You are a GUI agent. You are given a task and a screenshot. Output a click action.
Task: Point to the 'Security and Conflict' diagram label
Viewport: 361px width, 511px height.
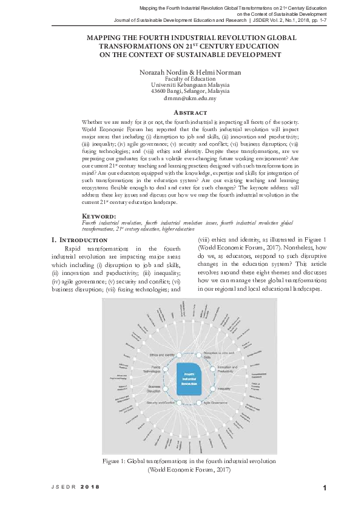tap(161, 403)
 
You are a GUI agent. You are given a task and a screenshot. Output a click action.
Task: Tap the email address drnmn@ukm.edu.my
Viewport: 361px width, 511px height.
tap(190, 98)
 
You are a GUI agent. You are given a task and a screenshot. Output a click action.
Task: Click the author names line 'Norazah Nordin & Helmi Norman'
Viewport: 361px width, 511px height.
tap(191, 72)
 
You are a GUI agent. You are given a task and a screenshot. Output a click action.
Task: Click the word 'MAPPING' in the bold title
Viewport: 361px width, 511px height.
tap(107, 38)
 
